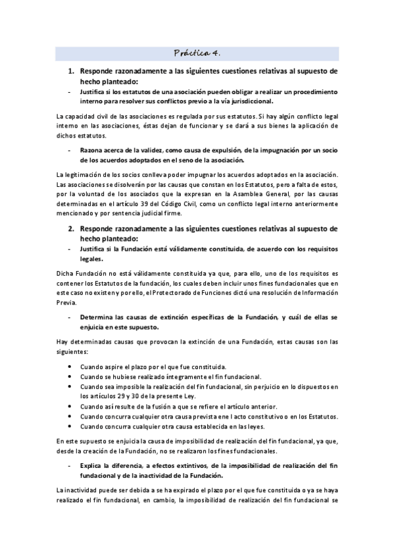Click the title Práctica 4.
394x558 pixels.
(x=197, y=53)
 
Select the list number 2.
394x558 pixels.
(x=72, y=228)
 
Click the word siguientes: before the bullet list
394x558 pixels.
(x=75, y=352)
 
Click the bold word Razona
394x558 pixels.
(x=93, y=150)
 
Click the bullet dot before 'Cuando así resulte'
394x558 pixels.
(x=70, y=407)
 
